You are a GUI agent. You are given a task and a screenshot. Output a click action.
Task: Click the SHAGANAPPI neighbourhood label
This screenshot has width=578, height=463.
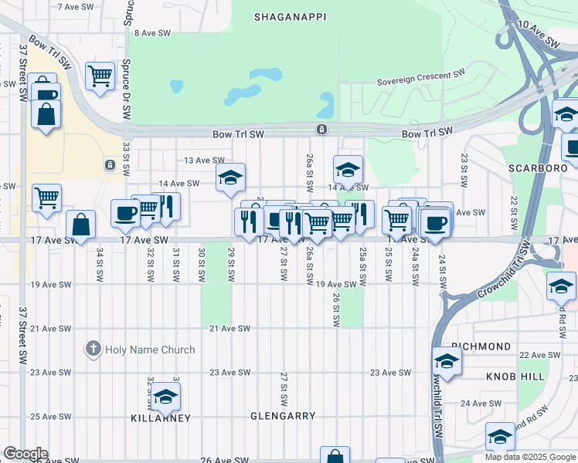(x=290, y=15)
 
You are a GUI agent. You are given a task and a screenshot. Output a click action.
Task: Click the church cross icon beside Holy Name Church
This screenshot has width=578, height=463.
(x=93, y=349)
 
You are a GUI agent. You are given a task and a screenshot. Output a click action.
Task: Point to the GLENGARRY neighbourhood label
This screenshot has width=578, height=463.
(x=283, y=416)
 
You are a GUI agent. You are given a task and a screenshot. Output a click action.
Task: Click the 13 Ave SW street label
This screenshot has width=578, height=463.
(x=204, y=161)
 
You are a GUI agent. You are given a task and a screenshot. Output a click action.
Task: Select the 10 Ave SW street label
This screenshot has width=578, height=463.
(x=538, y=35)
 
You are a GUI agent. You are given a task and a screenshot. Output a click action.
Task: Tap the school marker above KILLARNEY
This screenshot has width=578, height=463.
(x=164, y=397)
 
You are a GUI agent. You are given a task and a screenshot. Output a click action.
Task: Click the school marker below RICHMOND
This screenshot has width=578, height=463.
(x=447, y=360)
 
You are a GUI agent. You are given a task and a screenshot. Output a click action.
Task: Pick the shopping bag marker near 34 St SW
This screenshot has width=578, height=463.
(x=80, y=225)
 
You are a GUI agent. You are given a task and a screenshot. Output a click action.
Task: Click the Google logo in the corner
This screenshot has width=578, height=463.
(x=25, y=454)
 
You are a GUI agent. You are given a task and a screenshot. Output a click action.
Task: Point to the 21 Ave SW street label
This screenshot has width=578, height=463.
(x=230, y=329)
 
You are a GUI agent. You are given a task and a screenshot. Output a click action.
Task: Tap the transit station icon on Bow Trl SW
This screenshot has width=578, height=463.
(x=321, y=129)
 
